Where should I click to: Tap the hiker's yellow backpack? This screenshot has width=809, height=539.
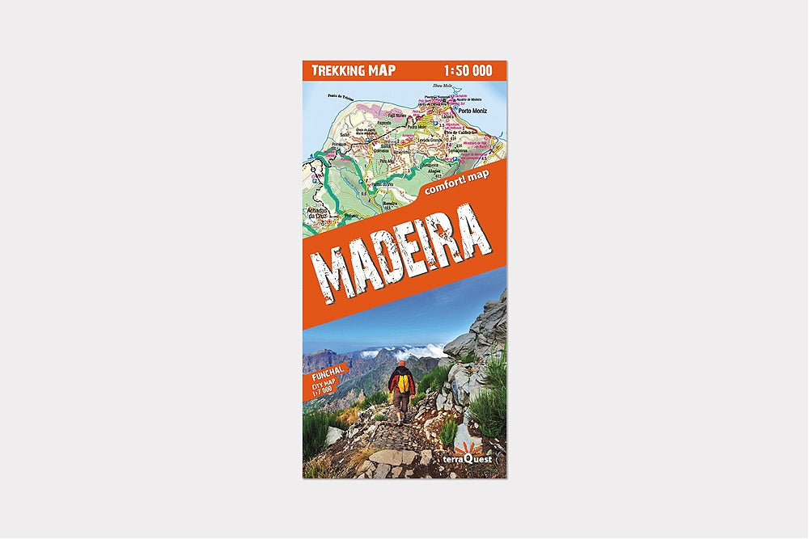[402, 381]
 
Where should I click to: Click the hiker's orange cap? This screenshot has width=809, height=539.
[401, 364]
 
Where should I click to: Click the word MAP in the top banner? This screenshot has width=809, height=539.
[379, 69]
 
